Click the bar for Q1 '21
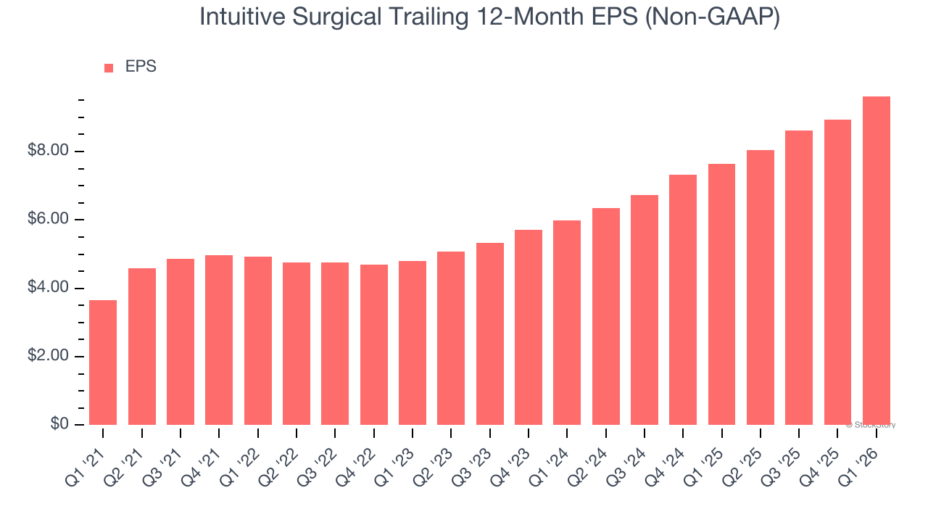(103, 362)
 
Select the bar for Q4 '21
(219, 340)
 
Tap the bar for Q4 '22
(373, 344)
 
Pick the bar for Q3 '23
(489, 333)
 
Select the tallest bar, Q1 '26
(876, 261)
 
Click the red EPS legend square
(109, 68)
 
